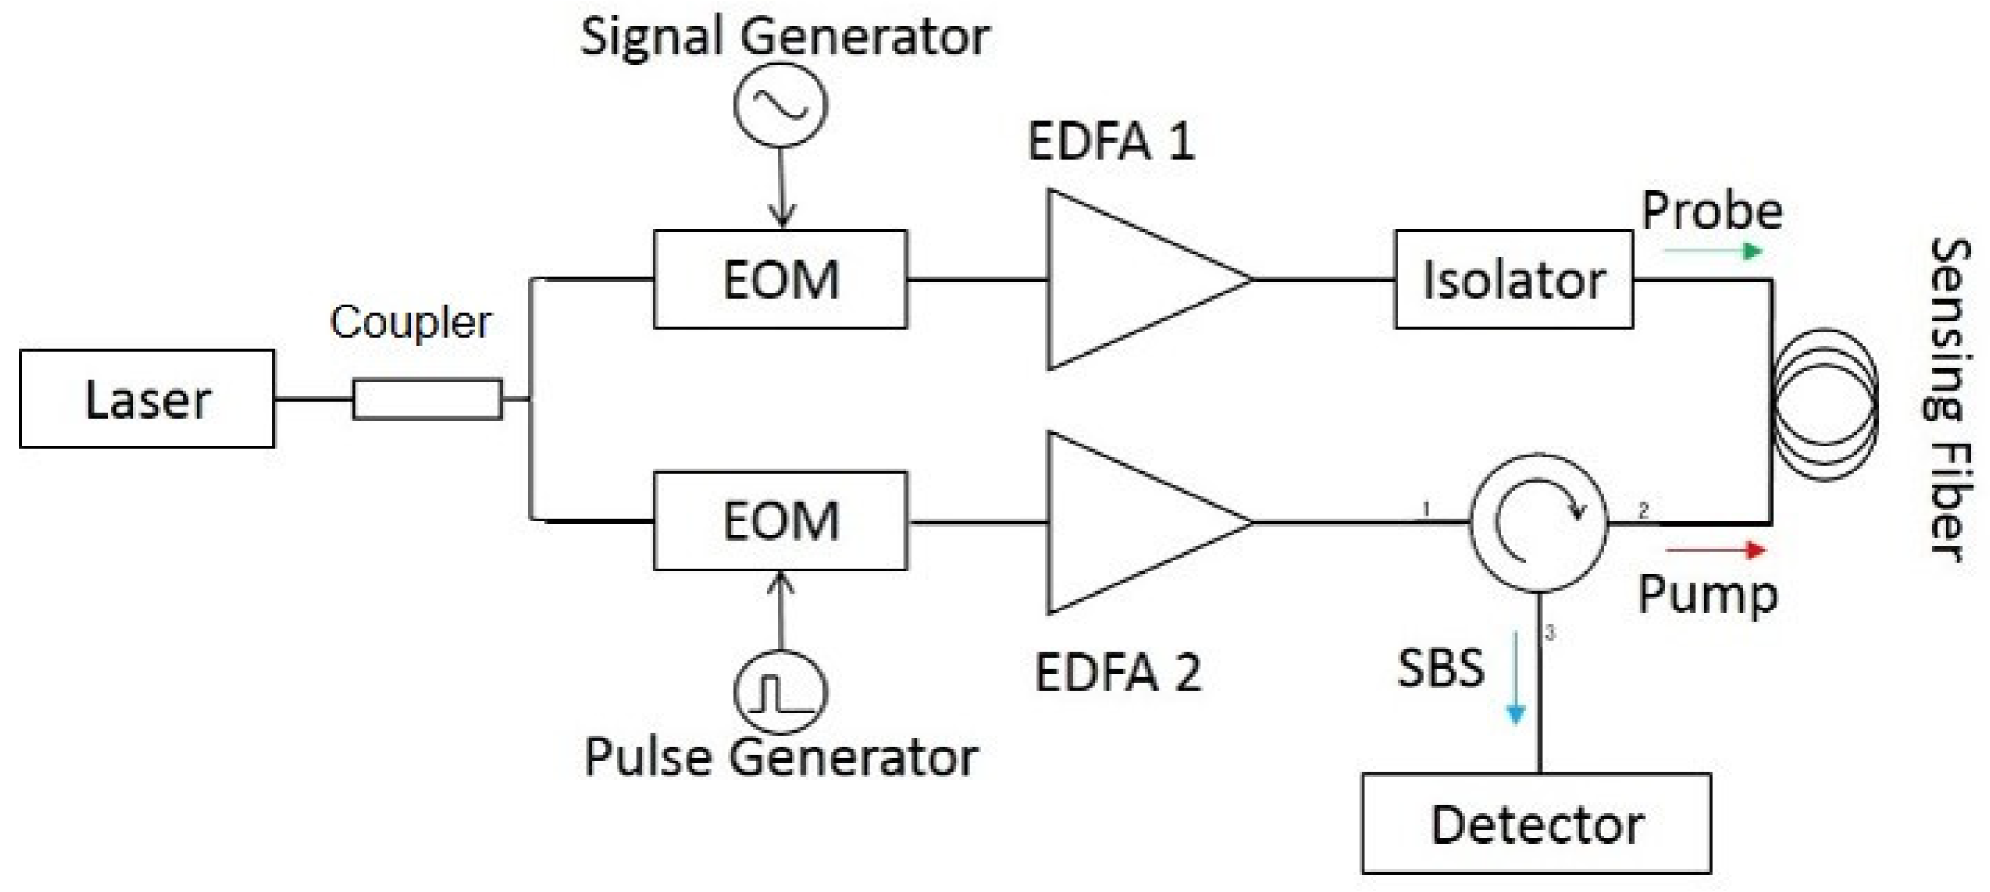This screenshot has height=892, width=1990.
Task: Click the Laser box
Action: point(147,399)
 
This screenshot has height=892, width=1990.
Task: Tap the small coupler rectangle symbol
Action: point(427,399)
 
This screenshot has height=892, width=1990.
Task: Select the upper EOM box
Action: point(781,279)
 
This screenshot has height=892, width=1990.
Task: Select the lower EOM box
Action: point(781,520)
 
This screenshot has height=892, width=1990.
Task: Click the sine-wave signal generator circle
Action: point(781,104)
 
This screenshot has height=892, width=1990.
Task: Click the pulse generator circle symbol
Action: point(781,691)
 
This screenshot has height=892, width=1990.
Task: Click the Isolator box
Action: point(1513,279)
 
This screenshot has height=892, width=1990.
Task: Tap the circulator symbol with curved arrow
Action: point(1538,523)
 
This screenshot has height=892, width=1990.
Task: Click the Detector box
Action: point(1535,823)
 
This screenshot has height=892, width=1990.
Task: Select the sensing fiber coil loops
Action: point(1825,403)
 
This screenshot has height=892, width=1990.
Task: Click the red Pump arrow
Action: point(1717,549)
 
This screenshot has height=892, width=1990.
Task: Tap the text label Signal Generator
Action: point(785,35)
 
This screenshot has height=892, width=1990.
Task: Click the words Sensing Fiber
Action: point(1948,399)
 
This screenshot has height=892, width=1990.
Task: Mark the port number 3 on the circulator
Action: point(1549,634)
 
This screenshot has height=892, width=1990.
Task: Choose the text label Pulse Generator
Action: point(781,756)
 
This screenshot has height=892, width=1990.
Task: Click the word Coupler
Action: point(410,322)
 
